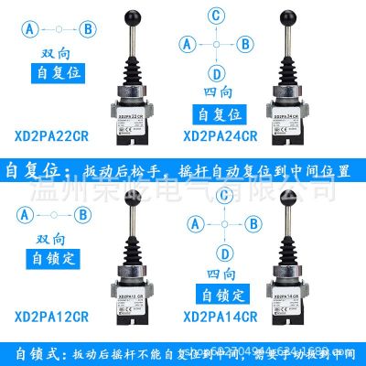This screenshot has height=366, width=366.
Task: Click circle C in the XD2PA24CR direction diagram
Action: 217,16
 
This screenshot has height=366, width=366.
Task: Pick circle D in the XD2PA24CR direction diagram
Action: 217,72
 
